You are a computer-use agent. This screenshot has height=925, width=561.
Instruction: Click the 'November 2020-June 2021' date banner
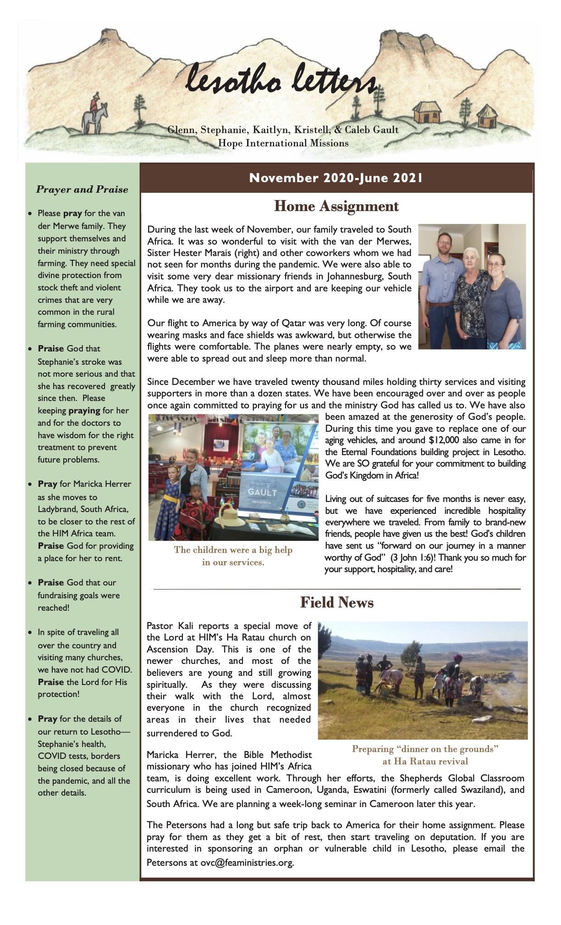(x=336, y=178)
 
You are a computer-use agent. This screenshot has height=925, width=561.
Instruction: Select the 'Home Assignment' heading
(x=336, y=206)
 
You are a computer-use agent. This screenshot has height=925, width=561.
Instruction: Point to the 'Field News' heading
(x=336, y=602)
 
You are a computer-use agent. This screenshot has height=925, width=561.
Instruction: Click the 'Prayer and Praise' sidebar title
(x=82, y=189)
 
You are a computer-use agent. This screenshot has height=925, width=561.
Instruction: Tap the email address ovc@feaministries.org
(x=247, y=863)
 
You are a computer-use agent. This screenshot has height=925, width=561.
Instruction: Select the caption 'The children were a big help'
(x=233, y=550)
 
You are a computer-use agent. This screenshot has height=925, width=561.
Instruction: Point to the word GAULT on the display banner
(x=262, y=492)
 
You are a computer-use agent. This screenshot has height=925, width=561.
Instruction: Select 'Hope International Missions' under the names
(x=283, y=143)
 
